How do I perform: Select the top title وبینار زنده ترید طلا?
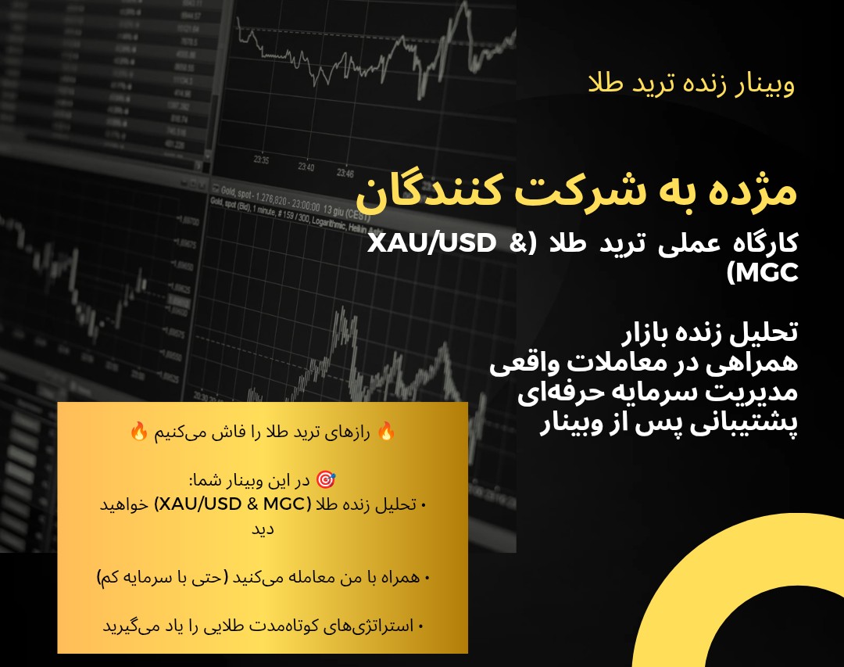691,84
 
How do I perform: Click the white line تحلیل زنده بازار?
707,333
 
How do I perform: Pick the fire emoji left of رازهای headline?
138,432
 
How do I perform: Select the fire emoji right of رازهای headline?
384,432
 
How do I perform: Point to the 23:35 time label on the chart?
262,161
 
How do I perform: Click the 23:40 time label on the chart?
306,167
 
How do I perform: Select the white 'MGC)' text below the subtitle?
761,274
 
